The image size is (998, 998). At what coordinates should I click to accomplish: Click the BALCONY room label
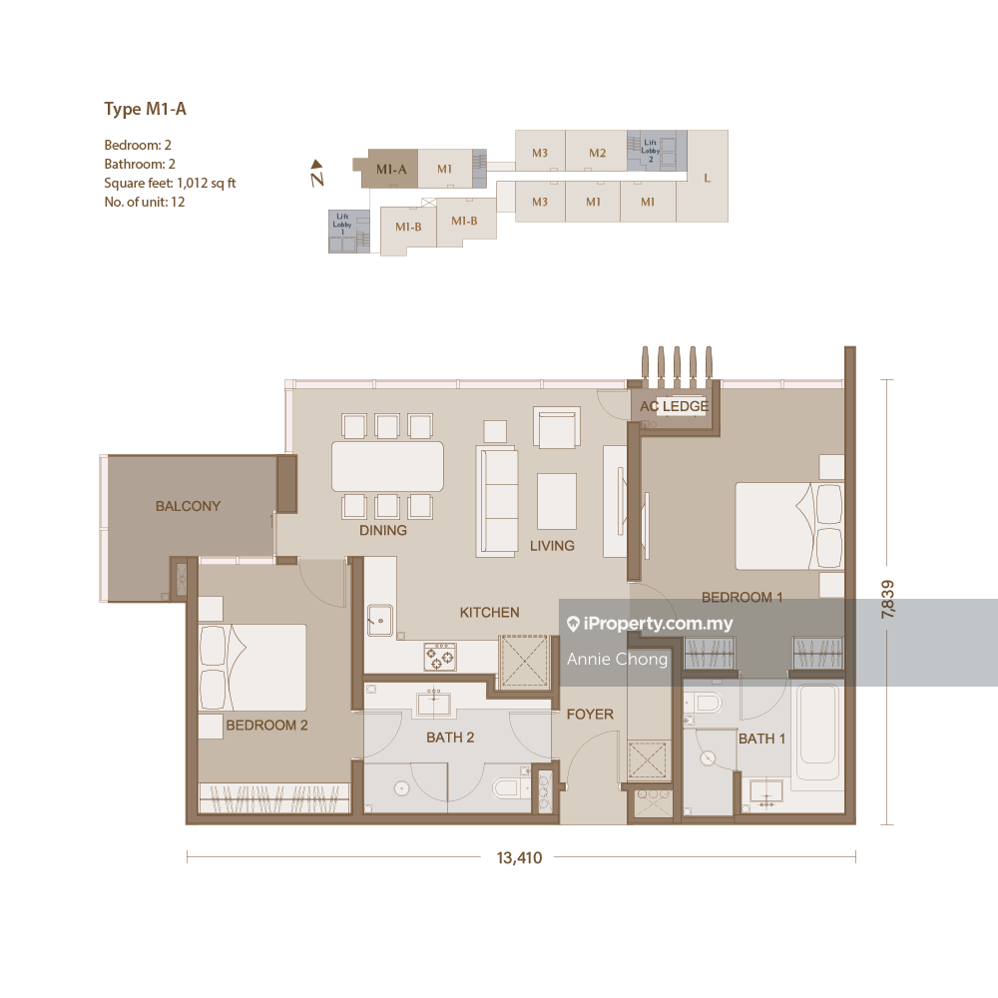(x=188, y=506)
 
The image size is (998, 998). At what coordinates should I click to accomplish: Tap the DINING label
(x=383, y=530)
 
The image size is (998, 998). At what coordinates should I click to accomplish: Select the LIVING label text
(x=552, y=545)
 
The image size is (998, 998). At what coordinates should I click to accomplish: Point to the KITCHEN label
(x=489, y=612)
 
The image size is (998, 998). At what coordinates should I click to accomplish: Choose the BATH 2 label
(x=450, y=738)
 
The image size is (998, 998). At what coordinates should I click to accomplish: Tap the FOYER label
(x=590, y=714)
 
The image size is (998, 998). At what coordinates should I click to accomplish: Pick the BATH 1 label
(x=761, y=739)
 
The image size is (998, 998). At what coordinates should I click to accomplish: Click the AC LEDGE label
(x=675, y=406)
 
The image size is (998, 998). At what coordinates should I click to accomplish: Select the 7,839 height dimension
(x=887, y=601)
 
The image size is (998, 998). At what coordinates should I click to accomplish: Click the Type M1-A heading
(x=145, y=110)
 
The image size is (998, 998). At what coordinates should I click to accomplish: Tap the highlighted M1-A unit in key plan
(x=390, y=169)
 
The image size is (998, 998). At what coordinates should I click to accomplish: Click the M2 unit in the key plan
(x=597, y=153)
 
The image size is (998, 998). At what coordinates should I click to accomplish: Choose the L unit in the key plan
(x=706, y=178)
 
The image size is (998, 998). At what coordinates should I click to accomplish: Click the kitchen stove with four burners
(x=440, y=656)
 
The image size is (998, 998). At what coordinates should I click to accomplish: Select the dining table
(x=387, y=466)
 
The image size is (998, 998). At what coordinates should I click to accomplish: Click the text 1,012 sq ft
(x=206, y=183)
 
